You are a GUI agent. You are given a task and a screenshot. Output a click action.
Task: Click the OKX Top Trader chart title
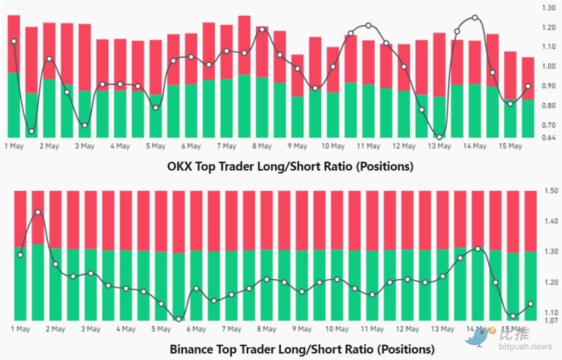point(290,166)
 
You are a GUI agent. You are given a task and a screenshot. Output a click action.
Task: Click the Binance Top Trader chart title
point(302,349)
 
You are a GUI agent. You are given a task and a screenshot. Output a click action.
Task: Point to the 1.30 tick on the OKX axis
point(549,8)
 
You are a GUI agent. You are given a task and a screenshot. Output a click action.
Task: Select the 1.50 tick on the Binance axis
point(550,191)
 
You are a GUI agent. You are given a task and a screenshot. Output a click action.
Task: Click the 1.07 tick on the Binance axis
point(550,320)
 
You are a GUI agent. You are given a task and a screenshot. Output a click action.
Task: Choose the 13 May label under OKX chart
point(439,146)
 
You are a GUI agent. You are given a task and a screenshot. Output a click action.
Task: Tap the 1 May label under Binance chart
point(20,329)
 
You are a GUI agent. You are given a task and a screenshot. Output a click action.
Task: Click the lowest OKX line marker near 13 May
point(439,137)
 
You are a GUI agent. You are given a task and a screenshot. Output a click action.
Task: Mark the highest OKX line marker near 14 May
point(475,18)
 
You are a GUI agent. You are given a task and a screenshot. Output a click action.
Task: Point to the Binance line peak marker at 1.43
point(38,212)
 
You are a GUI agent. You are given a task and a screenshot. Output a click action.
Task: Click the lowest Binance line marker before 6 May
point(179,319)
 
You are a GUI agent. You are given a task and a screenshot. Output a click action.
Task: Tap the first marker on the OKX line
point(14,41)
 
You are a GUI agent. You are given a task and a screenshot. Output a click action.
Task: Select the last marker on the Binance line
point(531,304)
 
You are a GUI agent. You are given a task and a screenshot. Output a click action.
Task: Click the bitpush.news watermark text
point(526,347)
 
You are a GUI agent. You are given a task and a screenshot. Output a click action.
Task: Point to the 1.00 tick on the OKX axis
point(549,67)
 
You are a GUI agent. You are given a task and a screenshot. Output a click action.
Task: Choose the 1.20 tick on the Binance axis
point(550,283)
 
